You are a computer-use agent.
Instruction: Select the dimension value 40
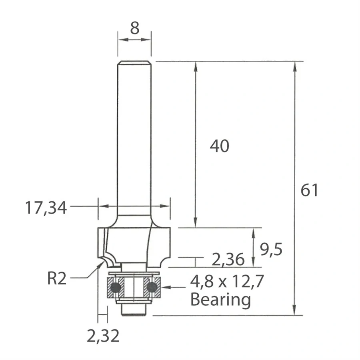coord(220,147)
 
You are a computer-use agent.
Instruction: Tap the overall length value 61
coord(310,190)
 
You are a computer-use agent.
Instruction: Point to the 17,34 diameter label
coord(46,208)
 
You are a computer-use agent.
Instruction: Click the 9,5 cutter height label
coord(271,250)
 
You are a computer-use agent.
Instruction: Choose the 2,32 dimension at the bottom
coord(103,336)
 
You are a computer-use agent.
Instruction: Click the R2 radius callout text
coord(56,279)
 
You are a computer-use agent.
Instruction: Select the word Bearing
coord(220,299)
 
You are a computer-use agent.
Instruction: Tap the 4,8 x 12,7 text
coord(227,282)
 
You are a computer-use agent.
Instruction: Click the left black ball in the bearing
coord(116,287)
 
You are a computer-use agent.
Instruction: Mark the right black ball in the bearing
coord(152,287)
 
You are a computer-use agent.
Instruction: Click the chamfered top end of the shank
coord(134,62)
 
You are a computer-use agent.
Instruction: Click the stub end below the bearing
coord(134,310)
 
